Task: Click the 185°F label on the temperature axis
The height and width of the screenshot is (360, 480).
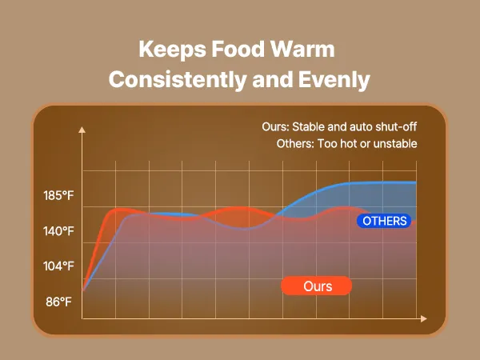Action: [x=60, y=195]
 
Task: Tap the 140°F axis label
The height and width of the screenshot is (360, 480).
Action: [x=60, y=231]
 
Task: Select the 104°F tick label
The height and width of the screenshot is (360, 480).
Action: [x=60, y=266]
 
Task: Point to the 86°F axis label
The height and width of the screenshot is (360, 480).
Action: [x=59, y=302]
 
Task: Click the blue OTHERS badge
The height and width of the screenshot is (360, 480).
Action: [x=385, y=221]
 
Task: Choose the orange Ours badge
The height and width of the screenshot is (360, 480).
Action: [x=318, y=286]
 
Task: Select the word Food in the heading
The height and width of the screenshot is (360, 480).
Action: [x=236, y=50]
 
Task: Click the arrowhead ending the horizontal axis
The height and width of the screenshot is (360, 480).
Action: [x=424, y=318]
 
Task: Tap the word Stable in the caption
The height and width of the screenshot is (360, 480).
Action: [x=308, y=126]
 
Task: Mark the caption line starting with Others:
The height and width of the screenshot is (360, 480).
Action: [x=340, y=144]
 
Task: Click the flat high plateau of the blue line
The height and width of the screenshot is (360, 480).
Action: [x=376, y=183]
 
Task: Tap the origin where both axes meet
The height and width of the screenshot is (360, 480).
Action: [x=83, y=318]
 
